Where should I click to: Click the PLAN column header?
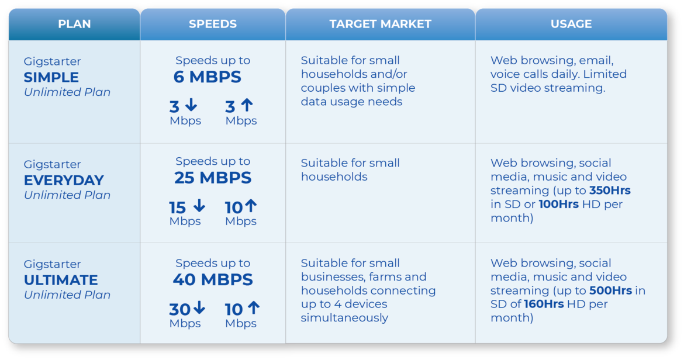pos(75,24)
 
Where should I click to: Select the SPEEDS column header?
pos(213,24)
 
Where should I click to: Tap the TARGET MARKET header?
pos(381,24)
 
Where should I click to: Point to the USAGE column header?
pos(571,24)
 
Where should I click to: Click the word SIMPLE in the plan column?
pos(51,77)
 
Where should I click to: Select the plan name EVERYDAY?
pos(64,180)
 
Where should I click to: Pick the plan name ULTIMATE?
pos(61,280)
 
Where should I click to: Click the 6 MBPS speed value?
pos(207,77)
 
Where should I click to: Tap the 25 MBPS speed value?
pos(213,178)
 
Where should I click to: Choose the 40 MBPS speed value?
pos(213,279)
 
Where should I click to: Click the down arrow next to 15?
pos(199,205)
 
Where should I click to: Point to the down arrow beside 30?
pos(199,307)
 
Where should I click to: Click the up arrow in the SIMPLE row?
pos(247,105)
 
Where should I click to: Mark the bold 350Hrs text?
pos(610,191)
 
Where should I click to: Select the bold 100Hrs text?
pos(559,204)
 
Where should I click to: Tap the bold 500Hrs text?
pos(611,290)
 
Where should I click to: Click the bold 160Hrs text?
pos(544,304)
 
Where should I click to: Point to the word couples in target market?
pos(322,88)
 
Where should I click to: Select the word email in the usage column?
pos(596,61)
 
